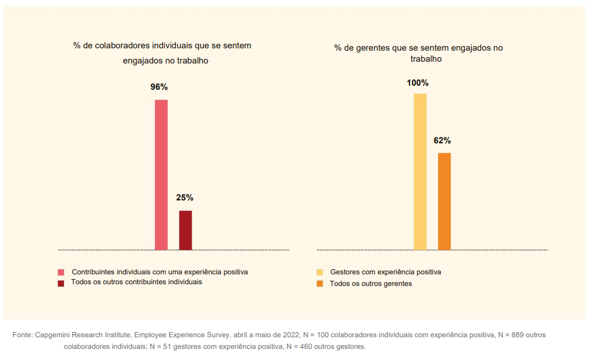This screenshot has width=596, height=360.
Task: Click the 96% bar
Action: pos(161,175)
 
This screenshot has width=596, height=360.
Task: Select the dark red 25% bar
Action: pos(185,230)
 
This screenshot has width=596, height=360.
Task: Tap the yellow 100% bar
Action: pos(420,171)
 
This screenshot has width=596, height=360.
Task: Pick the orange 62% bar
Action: pos(445,201)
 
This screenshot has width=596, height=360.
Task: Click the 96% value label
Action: pos(159,87)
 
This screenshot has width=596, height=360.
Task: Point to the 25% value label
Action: pos(185,197)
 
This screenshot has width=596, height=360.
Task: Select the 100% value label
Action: pos(418,83)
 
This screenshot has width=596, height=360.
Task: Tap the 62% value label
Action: pos(442,140)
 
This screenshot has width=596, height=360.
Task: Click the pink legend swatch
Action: pos(61,272)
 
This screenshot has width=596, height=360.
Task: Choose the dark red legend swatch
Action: pos(61,283)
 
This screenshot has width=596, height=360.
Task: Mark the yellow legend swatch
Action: pos(319,272)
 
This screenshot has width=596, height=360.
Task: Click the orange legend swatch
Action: pos(319,284)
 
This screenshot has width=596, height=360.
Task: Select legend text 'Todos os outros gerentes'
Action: pos(371,284)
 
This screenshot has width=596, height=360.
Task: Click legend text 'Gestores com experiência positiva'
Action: pos(385,272)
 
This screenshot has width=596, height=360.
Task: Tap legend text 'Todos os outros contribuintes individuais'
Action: pos(136,282)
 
